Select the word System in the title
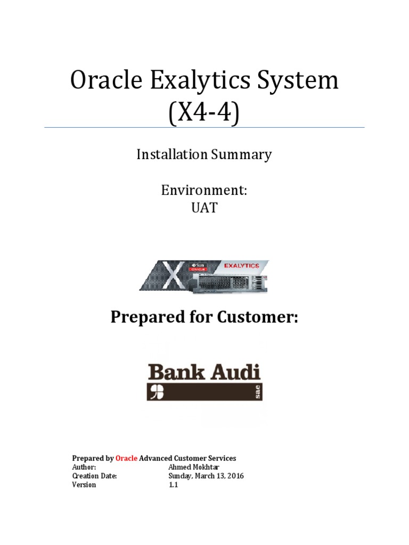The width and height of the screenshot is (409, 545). [302, 81]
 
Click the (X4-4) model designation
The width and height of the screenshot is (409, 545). [204, 113]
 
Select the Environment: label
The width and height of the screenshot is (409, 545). [204, 191]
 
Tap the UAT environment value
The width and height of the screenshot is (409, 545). [204, 208]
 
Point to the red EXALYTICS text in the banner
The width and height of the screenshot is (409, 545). [242, 265]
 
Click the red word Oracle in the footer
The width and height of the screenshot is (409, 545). [127, 458]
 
